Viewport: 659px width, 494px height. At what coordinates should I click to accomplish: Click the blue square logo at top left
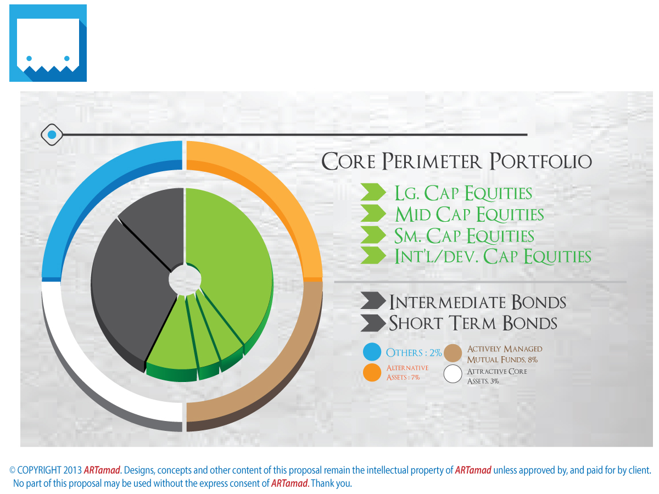point(48,43)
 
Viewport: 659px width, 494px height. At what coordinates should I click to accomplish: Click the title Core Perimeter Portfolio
point(457,162)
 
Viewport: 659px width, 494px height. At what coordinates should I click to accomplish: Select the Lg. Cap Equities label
point(463,193)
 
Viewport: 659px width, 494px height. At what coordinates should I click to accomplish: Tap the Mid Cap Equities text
point(469,214)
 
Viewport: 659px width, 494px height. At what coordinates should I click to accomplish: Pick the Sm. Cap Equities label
point(464,235)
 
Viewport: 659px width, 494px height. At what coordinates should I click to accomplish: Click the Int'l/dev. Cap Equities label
point(493,256)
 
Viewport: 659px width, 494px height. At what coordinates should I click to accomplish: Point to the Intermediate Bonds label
point(477,302)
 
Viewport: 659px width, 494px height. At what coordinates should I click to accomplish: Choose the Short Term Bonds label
point(473,323)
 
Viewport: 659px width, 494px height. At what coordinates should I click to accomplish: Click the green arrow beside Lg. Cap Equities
point(373,193)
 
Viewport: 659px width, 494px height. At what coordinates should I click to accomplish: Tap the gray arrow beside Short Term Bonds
point(373,323)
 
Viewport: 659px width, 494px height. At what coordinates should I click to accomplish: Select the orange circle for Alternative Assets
point(372,372)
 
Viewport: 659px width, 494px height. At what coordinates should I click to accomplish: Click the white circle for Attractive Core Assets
point(453,374)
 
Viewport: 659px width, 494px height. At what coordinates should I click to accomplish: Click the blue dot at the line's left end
point(52,134)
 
